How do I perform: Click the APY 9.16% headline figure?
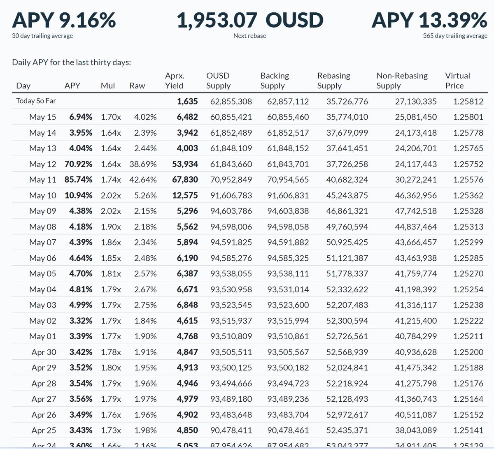click(64, 20)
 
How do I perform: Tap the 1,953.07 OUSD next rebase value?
click(249, 20)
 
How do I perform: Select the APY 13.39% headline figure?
click(429, 20)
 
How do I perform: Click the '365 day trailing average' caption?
click(455, 36)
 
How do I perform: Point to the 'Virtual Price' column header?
click(457, 81)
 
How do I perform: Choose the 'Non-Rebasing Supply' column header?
click(402, 81)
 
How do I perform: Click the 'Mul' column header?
click(108, 86)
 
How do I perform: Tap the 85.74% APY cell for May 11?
click(78, 180)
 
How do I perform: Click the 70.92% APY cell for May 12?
click(78, 164)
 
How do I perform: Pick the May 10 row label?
click(42, 195)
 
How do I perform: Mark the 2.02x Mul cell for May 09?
click(111, 211)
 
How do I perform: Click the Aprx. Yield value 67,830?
click(185, 180)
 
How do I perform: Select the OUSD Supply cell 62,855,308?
click(231, 101)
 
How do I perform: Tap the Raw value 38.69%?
click(143, 164)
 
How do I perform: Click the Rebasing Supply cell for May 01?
click(347, 336)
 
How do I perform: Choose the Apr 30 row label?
click(44, 352)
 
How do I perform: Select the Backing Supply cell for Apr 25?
click(288, 430)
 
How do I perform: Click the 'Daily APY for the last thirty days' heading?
click(71, 62)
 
